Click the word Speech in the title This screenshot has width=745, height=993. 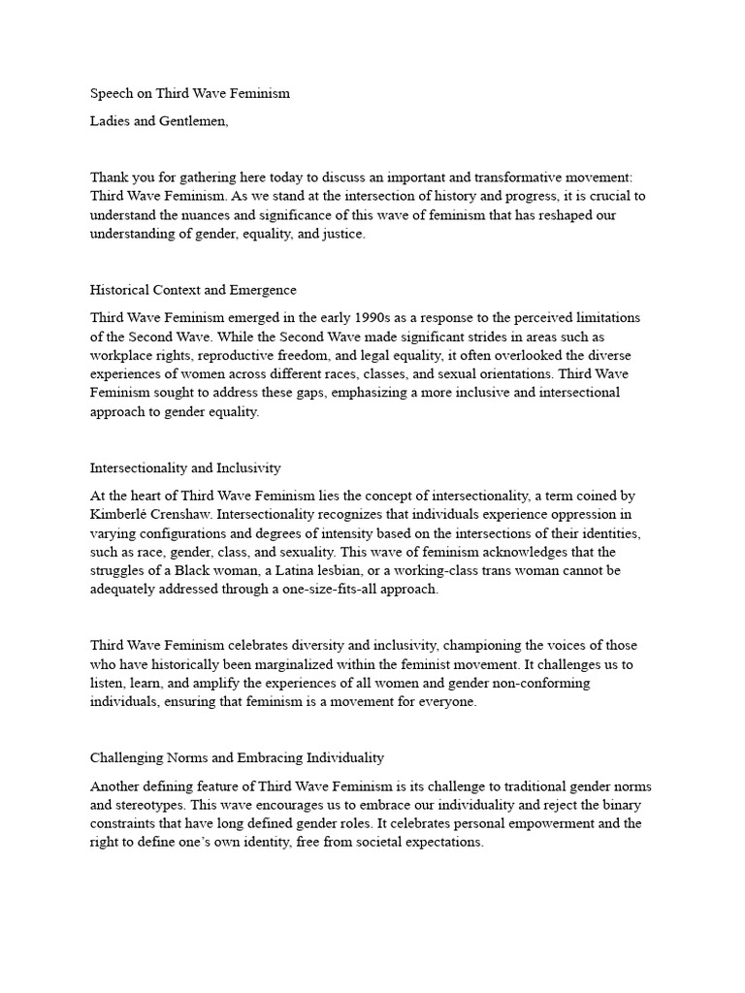[113, 94]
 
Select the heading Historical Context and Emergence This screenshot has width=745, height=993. [193, 290]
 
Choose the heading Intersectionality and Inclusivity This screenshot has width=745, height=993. [185, 468]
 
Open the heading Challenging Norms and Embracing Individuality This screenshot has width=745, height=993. [238, 757]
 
